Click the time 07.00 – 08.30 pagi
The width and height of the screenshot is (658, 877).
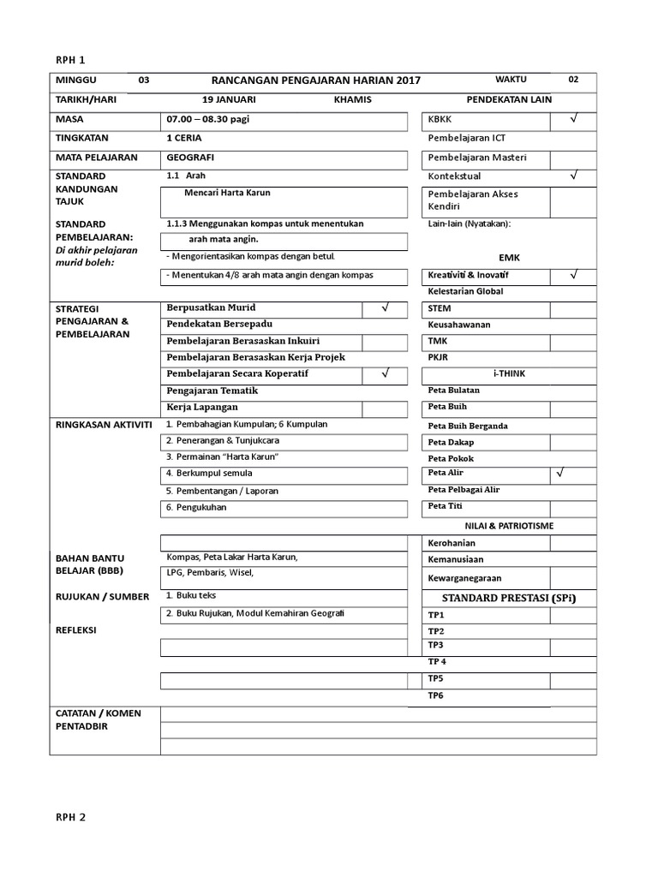tap(208, 120)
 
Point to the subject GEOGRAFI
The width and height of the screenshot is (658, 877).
tap(191, 158)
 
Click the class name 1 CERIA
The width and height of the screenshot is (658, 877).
tap(186, 138)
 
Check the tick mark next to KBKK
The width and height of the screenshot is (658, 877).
tap(573, 120)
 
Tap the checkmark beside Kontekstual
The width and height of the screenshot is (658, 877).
tap(573, 176)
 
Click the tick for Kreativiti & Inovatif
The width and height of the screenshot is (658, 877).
tap(573, 275)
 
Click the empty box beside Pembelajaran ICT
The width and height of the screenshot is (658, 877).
tap(573, 139)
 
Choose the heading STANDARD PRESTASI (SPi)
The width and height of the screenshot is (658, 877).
tap(509, 597)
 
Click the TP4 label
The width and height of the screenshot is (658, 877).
tap(437, 662)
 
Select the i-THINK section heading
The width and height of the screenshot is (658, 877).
tap(510, 374)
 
